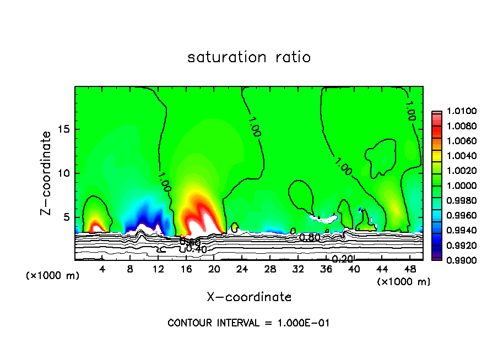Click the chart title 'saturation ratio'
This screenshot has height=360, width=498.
[x=249, y=57]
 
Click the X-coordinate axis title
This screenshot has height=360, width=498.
[x=249, y=297]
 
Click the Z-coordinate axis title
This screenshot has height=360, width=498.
[x=47, y=173]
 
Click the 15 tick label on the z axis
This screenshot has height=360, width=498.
[x=64, y=129]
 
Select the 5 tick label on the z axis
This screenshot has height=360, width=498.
[x=67, y=217]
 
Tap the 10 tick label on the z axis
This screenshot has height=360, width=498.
[x=64, y=173]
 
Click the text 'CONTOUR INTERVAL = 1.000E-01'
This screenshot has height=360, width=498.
[x=248, y=323]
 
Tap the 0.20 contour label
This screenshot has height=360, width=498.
[x=342, y=259]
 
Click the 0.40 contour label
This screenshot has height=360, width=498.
[x=196, y=249]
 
